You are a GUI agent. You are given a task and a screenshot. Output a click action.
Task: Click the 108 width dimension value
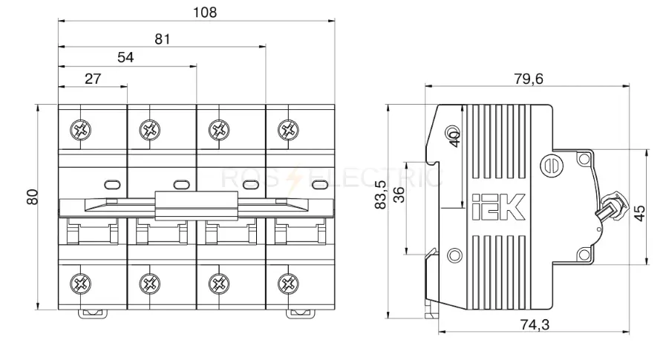[x=205, y=13]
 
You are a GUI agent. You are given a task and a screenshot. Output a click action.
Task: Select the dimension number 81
[x=163, y=39]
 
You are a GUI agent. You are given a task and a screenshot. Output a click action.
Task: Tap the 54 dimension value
[x=125, y=57]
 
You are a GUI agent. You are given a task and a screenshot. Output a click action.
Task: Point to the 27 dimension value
[x=93, y=79]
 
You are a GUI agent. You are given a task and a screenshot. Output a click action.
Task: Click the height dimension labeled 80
[x=33, y=197]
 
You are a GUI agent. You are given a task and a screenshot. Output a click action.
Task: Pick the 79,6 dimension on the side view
[x=529, y=79]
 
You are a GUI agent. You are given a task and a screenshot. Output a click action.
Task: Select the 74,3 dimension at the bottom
[x=535, y=325]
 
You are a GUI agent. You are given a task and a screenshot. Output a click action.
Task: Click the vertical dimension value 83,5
[x=381, y=195]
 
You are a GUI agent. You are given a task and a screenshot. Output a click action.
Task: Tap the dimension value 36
[x=399, y=195]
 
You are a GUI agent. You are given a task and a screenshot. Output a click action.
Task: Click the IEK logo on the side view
[x=499, y=207]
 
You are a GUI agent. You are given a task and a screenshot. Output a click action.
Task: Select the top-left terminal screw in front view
[x=81, y=129]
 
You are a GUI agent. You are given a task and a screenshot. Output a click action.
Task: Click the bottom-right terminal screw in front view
[x=288, y=284]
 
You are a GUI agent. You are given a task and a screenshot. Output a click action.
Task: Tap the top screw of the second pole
[x=150, y=129]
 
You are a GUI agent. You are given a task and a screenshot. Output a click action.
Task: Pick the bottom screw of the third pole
[x=219, y=284]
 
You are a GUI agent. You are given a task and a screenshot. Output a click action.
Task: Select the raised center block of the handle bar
[x=196, y=206]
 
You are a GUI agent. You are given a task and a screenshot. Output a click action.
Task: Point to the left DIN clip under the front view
[x=92, y=314]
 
